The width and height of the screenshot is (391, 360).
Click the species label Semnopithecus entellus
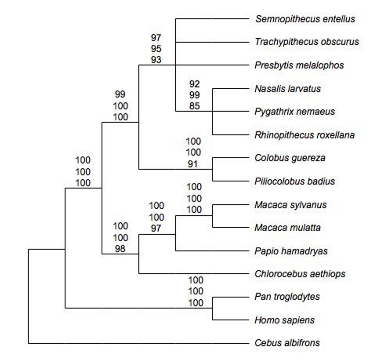[x=305, y=19]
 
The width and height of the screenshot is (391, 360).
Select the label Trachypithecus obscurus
[x=307, y=42]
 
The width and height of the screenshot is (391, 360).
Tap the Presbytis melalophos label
[x=299, y=65]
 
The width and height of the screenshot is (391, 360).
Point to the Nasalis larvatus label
[x=288, y=89]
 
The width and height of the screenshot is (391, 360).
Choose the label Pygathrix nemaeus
[x=295, y=112]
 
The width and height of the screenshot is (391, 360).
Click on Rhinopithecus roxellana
[x=304, y=135]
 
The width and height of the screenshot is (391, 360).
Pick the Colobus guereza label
[x=290, y=158]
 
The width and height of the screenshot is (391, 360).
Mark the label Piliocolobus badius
[x=295, y=181]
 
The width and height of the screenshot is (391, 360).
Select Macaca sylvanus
[x=290, y=205]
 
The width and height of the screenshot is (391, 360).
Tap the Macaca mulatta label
[x=287, y=228]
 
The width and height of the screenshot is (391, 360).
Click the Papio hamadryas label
[x=291, y=251]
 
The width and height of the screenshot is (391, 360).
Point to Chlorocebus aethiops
[x=300, y=274]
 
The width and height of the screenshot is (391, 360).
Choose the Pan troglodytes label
[x=287, y=297]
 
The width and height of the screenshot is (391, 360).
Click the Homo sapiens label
[x=284, y=320]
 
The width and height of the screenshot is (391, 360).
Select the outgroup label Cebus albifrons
[x=287, y=343]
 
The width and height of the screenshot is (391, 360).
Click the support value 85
[x=195, y=106]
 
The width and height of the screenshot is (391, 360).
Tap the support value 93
[x=156, y=60]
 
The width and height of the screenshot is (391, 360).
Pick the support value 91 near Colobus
[x=193, y=164]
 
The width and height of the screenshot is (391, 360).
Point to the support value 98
[x=120, y=249]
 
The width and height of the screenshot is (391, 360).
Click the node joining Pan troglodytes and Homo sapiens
[x=213, y=308]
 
